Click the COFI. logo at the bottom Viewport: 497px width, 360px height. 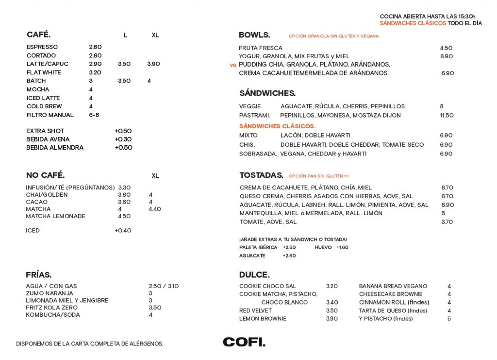244,342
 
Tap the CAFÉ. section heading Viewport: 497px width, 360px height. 38,34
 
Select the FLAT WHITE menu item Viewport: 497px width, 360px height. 44,72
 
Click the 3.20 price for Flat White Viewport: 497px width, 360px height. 95,72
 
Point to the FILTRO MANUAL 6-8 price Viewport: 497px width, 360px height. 94,115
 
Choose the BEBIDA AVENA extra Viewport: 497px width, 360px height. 48,139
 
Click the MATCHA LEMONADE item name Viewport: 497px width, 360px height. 55,216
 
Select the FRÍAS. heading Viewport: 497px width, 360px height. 38,275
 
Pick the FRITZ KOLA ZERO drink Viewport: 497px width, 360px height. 51,308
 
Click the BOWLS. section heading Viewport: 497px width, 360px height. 254,35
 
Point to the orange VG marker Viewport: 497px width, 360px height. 233,65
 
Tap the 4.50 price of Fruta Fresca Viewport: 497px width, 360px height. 446,48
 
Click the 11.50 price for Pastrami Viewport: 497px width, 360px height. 447,116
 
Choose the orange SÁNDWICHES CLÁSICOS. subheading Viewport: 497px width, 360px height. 277,126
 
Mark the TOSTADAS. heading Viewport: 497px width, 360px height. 261,175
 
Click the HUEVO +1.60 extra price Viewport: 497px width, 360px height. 342,247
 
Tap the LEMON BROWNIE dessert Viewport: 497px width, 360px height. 263,319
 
